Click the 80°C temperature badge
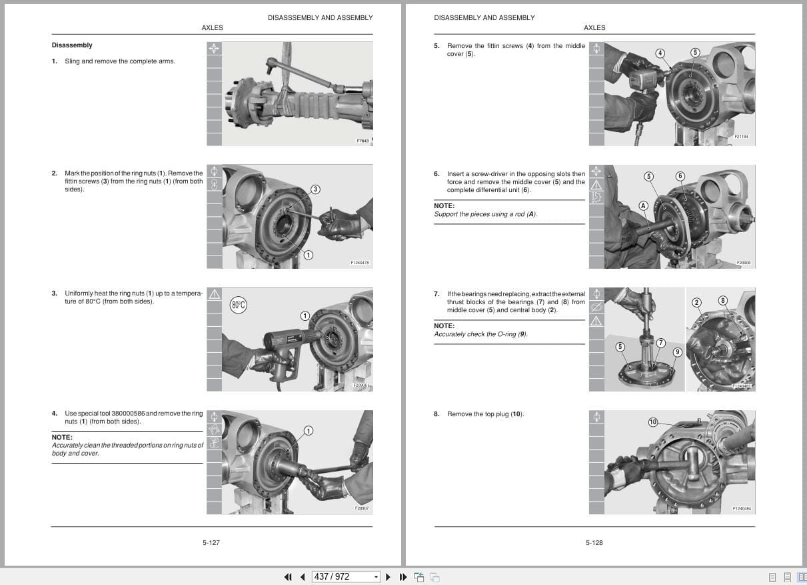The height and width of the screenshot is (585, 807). [x=239, y=306]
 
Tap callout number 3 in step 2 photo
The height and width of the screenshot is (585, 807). [x=315, y=189]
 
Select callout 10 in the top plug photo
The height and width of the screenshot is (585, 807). [x=653, y=422]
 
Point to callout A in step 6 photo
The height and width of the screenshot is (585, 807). [x=643, y=205]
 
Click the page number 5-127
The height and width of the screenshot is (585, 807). [x=211, y=543]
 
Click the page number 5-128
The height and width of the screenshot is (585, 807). [x=594, y=543]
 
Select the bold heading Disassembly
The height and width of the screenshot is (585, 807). [x=72, y=45]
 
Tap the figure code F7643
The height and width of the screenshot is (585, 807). [x=362, y=141]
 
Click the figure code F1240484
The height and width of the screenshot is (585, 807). [x=741, y=509]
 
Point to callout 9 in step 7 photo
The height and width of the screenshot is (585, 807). [x=677, y=352]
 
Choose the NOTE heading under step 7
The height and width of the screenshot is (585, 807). [x=444, y=326]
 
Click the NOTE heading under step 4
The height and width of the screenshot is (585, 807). [x=62, y=438]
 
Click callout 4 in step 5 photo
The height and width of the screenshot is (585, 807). [x=660, y=53]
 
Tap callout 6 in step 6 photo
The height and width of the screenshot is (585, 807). [x=680, y=176]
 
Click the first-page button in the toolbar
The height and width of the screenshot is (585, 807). [x=288, y=577]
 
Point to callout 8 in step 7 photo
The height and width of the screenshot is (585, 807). [x=722, y=301]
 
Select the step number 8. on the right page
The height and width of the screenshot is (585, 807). [x=436, y=414]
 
